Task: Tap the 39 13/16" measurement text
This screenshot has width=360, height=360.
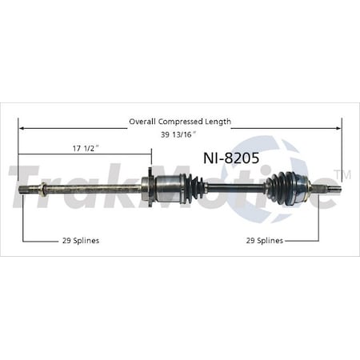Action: point(179,134)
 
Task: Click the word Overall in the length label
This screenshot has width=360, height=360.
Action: point(143,122)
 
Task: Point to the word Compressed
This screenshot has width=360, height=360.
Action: point(184,122)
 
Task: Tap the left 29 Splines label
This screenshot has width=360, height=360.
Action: point(80,239)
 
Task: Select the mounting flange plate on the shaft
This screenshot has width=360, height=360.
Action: point(148,190)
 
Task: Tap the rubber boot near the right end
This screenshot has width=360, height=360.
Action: point(279,189)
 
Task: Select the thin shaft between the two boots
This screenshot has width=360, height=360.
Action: point(235,189)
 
